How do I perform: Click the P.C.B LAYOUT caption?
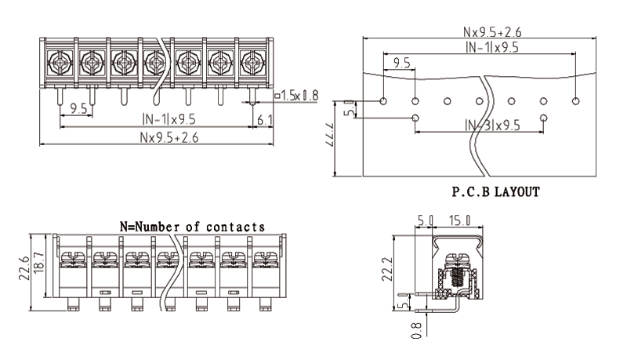[496, 191]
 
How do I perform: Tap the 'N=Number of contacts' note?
[191, 226]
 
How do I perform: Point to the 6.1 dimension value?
[264, 119]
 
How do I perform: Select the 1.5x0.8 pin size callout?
[297, 96]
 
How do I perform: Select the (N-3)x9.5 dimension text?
[492, 125]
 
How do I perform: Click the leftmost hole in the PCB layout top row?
[383, 101]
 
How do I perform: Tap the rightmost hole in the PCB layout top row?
[576, 101]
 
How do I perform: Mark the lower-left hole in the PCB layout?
[415, 118]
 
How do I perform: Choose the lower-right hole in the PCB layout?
[544, 118]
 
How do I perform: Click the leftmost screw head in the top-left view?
[60, 60]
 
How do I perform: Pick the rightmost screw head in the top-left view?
[252, 60]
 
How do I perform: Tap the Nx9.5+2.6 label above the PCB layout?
[492, 32]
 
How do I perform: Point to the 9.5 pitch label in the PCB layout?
[402, 62]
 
